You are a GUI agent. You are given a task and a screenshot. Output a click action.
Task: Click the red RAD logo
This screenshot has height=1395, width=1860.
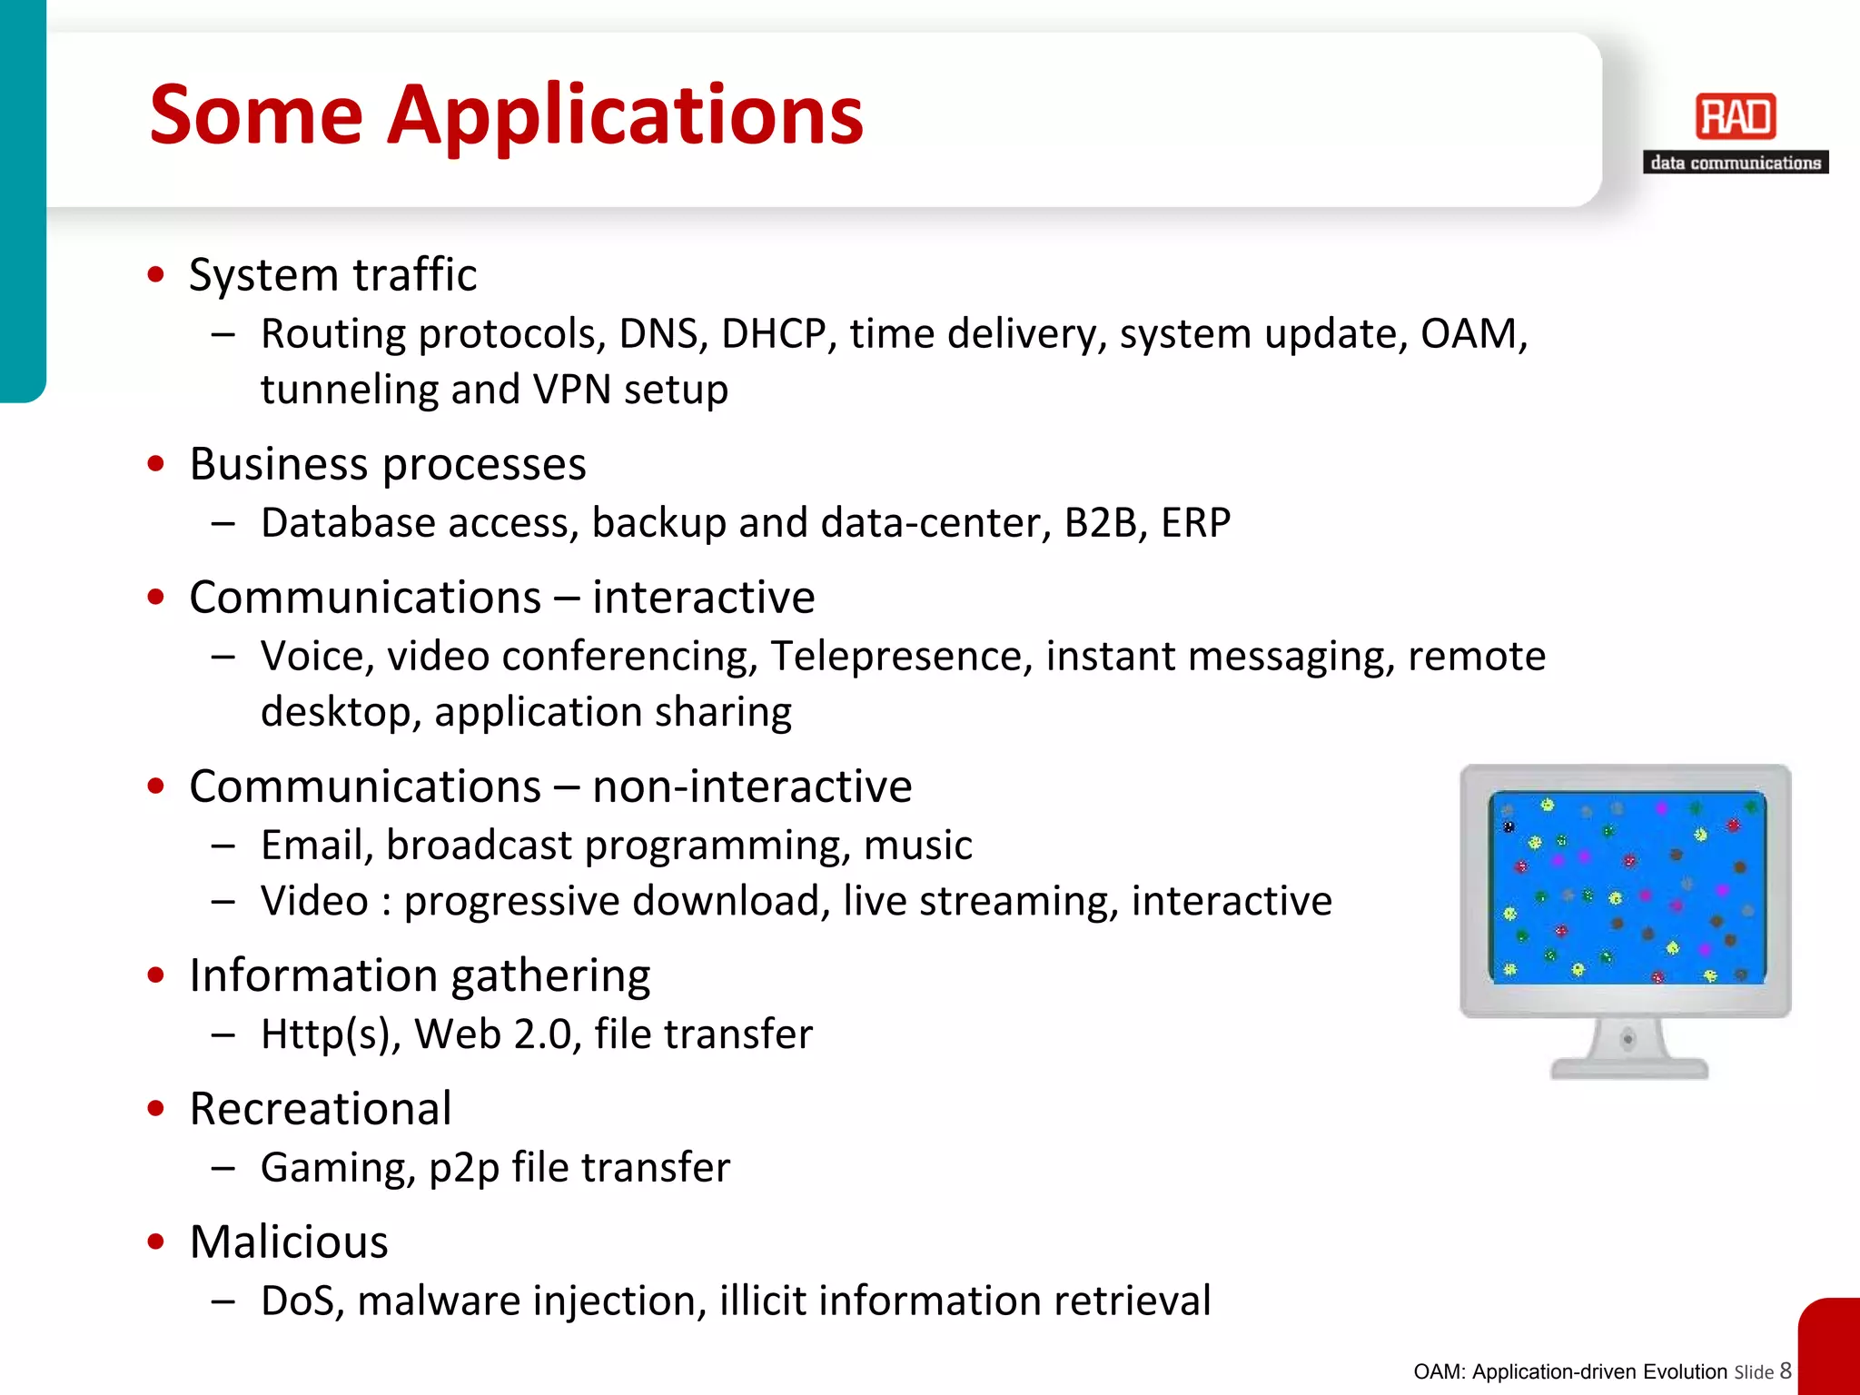[1735, 117]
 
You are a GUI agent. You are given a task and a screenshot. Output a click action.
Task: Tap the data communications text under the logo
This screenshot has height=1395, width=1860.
[1735, 163]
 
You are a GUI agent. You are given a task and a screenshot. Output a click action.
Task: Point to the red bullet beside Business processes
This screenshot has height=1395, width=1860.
[156, 464]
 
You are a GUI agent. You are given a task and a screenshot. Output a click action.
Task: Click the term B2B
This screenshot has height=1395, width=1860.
[1100, 523]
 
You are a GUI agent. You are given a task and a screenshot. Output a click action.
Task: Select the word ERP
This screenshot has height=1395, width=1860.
[1195, 523]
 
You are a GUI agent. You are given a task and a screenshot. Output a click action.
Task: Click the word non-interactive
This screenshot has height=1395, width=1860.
[752, 787]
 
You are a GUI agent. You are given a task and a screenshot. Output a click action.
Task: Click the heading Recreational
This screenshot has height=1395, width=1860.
[321, 1109]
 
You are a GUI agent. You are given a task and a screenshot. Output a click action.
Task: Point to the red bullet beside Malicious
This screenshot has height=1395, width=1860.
[156, 1242]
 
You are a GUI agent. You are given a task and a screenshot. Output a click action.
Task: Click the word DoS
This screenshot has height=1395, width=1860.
[302, 1301]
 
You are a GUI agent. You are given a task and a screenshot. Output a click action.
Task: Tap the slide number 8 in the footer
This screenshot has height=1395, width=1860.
[1786, 1370]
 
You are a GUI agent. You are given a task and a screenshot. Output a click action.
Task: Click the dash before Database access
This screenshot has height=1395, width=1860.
[223, 524]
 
